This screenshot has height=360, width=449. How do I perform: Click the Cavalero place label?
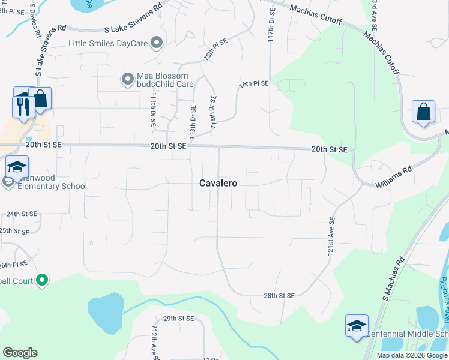point(218,184)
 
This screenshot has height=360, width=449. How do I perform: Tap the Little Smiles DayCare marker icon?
point(157,43)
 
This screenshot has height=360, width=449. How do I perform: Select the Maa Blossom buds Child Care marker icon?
point(127,79)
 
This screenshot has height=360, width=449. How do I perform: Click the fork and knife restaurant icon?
point(23,107)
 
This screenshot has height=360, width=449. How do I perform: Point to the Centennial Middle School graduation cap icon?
point(357,326)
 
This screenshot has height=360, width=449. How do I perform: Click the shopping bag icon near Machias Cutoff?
point(423,112)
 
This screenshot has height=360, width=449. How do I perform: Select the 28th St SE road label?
point(279,296)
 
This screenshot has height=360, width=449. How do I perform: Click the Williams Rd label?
point(394,178)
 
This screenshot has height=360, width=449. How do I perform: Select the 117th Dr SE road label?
point(271,23)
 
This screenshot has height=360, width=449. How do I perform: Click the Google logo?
point(20,352)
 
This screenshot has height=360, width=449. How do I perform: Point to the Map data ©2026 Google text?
point(412,355)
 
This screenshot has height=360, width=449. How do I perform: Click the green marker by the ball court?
point(42,280)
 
